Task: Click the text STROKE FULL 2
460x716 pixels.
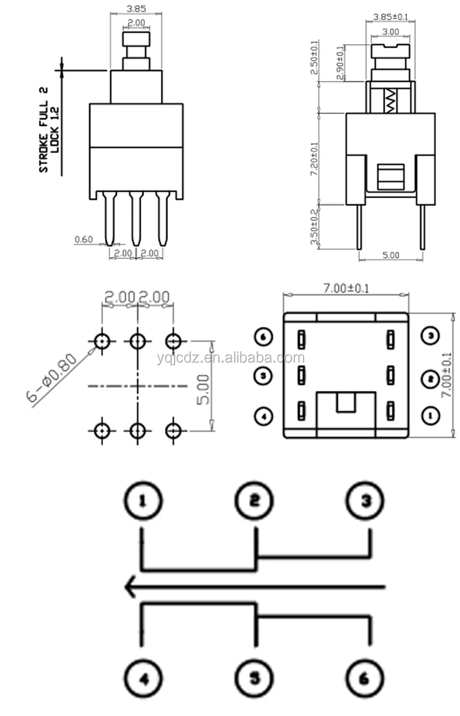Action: pos(43,129)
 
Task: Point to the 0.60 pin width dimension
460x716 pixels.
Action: pos(83,240)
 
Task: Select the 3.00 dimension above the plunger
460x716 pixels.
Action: pos(390,31)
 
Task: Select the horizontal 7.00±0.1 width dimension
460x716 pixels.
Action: pos(346,288)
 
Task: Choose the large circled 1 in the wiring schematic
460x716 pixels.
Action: pos(142,501)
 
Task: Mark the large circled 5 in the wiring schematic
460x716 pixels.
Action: pos(255,678)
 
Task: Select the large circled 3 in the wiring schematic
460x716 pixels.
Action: pos(365,501)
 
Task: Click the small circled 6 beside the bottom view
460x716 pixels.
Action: pos(263,337)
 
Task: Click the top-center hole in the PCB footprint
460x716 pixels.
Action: pos(138,341)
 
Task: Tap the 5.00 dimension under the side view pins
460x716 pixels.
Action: pos(390,255)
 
